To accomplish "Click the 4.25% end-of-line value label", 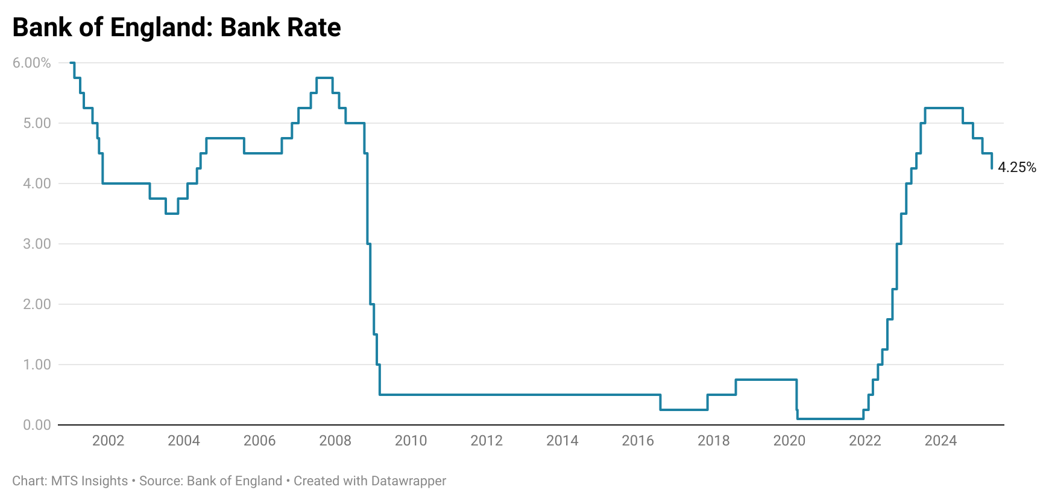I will (x=1016, y=167).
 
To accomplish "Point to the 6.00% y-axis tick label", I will (x=31, y=63).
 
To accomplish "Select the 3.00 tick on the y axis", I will (x=37, y=244).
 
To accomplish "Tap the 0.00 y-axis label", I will (x=37, y=425).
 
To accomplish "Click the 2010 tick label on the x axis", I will (x=411, y=441).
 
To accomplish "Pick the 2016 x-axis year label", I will (x=638, y=441).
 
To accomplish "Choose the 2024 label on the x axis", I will (x=940, y=441).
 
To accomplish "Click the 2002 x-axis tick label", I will (x=108, y=441).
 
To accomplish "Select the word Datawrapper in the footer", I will (x=409, y=481).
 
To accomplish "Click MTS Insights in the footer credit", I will (x=89, y=481).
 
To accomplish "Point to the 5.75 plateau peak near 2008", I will (x=324, y=78).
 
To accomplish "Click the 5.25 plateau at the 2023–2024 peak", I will (x=943, y=108).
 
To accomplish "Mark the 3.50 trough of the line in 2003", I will (x=172, y=214).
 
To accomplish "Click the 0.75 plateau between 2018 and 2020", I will (x=766, y=380).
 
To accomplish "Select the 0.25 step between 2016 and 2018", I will (x=684, y=410).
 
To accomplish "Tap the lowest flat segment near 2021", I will (x=830, y=419).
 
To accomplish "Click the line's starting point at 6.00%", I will (x=71, y=63).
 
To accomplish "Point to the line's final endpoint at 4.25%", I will (x=992, y=168).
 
